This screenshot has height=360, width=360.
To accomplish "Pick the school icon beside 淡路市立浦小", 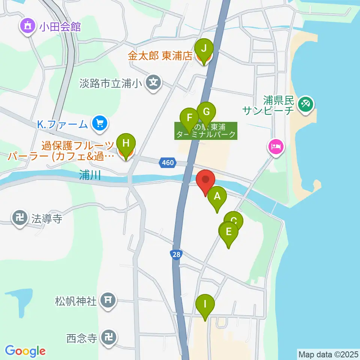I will pos(153,82).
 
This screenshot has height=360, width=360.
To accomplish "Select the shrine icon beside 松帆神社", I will pos(108,300).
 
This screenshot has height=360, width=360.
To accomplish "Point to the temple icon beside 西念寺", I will pos(109,338).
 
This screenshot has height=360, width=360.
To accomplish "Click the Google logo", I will pos(25,351).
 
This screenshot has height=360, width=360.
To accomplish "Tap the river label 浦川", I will pos(90,175).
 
